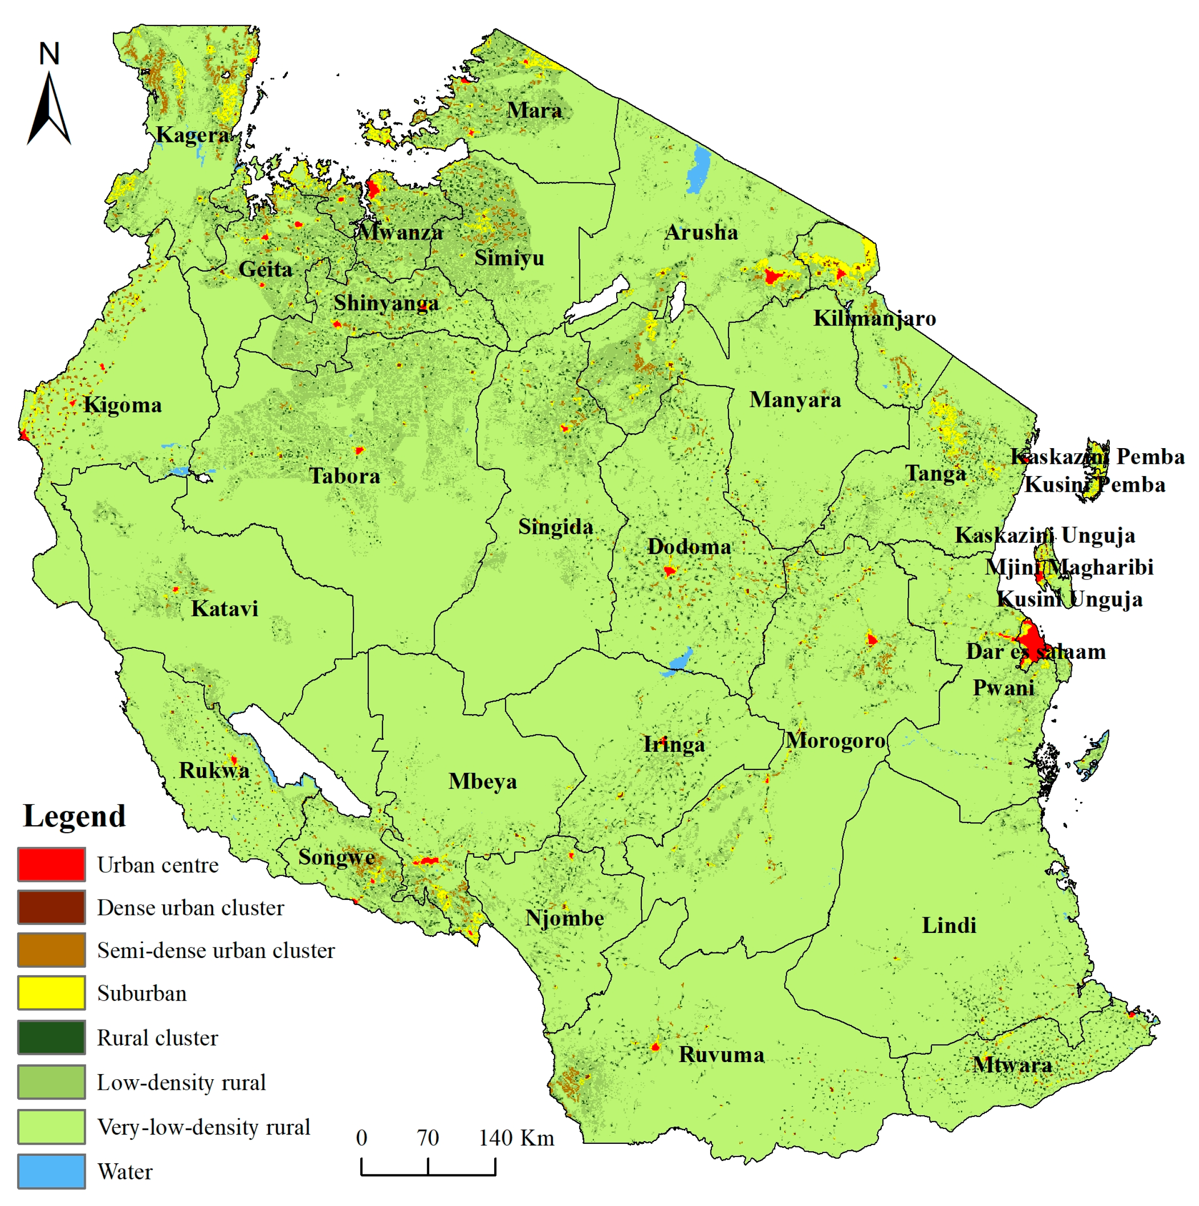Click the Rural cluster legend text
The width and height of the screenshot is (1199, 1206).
(x=157, y=1037)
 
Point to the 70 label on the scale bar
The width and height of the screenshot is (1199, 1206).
(x=428, y=1138)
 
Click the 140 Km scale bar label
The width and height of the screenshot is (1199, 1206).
(x=516, y=1138)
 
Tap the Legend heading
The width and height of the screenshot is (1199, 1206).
(x=74, y=816)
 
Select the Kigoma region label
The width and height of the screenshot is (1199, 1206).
(x=123, y=405)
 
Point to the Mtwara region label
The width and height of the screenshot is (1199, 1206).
(x=1012, y=1064)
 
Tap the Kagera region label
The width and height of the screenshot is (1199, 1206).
(x=192, y=135)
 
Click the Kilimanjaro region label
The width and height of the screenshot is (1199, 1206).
(x=874, y=319)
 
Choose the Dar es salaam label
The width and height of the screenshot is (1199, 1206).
(x=1036, y=652)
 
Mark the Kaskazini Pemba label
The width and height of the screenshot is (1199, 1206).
(x=1097, y=456)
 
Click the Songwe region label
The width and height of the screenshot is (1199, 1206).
(x=336, y=857)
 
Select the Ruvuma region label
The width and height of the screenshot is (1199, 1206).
(x=722, y=1054)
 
